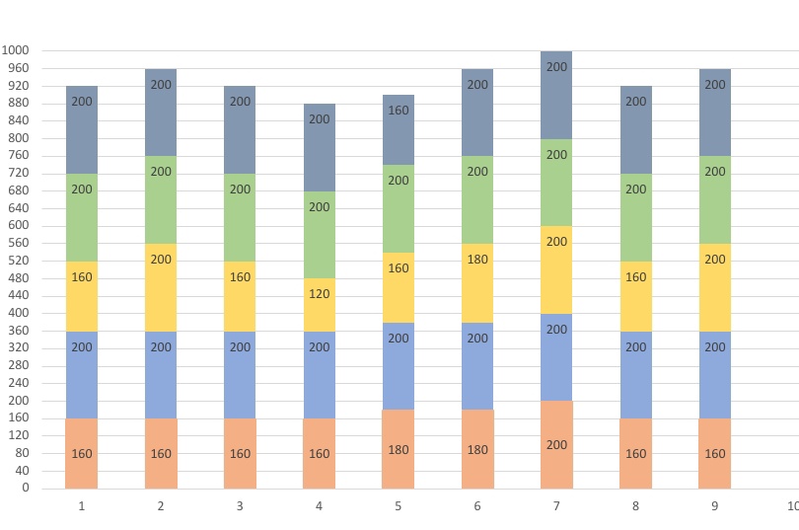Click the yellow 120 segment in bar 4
[x=319, y=305]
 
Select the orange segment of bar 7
[x=556, y=444]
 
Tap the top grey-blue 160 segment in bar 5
[x=398, y=129]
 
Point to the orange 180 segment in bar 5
[x=398, y=449]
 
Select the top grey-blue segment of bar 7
[x=556, y=95]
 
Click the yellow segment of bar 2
[x=161, y=287]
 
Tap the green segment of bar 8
[x=635, y=217]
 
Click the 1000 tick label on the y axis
[x=16, y=50]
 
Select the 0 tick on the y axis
[x=26, y=488]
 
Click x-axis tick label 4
[x=319, y=506]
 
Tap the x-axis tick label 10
[x=792, y=506]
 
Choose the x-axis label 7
[x=556, y=506]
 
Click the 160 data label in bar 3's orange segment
[x=240, y=454]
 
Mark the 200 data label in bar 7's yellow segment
[x=556, y=242]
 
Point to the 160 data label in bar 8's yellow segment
[x=635, y=277]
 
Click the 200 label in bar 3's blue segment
[x=240, y=347]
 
